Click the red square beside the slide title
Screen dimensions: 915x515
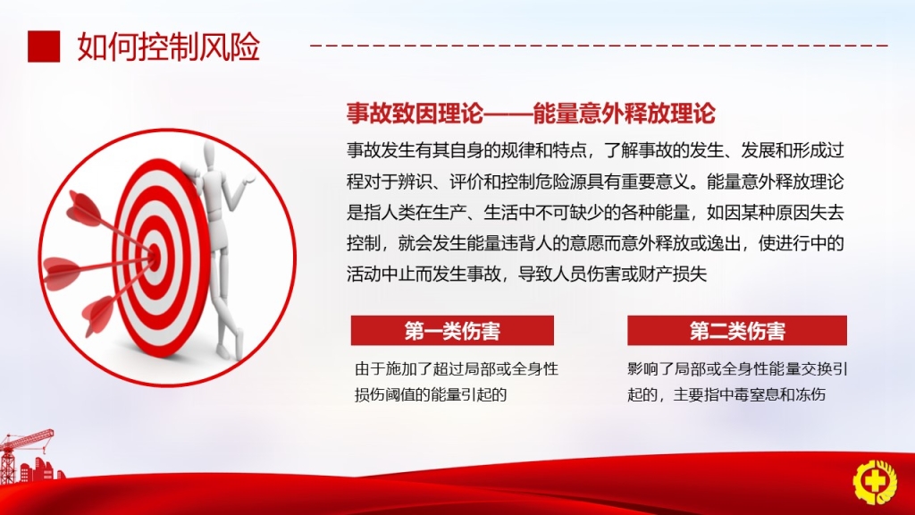(x=44, y=46)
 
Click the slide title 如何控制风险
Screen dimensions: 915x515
(x=169, y=46)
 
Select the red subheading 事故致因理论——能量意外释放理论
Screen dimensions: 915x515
(x=531, y=114)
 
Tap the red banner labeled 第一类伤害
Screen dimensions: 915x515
(x=452, y=331)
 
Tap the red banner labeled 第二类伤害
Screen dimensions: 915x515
(x=737, y=331)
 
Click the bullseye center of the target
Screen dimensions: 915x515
(x=154, y=254)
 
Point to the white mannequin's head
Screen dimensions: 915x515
(x=209, y=156)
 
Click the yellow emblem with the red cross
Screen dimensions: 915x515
(x=875, y=482)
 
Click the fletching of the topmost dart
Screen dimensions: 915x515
(x=85, y=207)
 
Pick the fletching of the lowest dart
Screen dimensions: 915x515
(x=97, y=316)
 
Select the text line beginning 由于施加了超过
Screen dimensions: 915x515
(x=457, y=369)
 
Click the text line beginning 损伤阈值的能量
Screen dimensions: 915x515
(x=431, y=394)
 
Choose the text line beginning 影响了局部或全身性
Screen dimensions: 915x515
(x=737, y=369)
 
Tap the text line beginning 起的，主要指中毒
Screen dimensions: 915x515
(x=726, y=394)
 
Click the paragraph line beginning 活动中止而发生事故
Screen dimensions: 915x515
(x=526, y=274)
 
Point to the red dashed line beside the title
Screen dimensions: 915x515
(x=600, y=45)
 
